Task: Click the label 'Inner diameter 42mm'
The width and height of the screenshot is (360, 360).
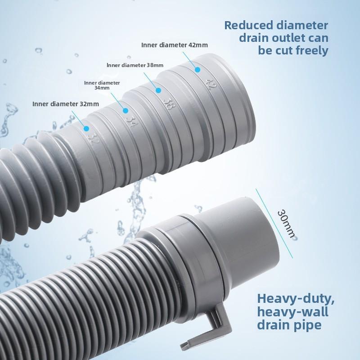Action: [168, 45]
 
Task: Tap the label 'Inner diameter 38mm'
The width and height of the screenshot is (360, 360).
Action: [135, 65]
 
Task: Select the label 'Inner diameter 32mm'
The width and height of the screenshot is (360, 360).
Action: [65, 104]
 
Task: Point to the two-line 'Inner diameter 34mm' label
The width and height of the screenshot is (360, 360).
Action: [102, 85]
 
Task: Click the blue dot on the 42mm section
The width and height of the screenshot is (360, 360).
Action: [197, 69]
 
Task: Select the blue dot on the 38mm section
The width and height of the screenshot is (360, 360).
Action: [158, 90]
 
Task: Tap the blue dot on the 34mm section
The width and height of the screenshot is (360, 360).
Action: [126, 110]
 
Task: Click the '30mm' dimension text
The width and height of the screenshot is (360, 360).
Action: [286, 224]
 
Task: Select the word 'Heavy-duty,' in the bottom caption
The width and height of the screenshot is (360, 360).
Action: [295, 298]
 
